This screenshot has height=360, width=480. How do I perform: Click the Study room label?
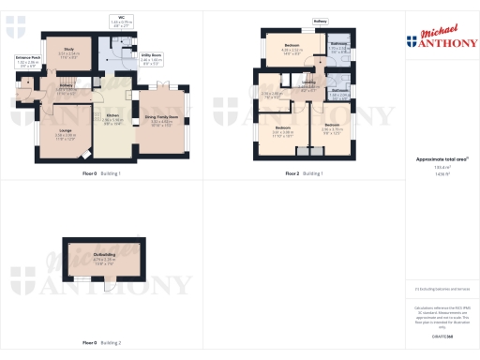pos(69,52)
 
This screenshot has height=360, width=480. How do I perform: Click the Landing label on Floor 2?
pos(308,82)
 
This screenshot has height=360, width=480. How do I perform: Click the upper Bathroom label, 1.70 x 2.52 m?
pos(338,47)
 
